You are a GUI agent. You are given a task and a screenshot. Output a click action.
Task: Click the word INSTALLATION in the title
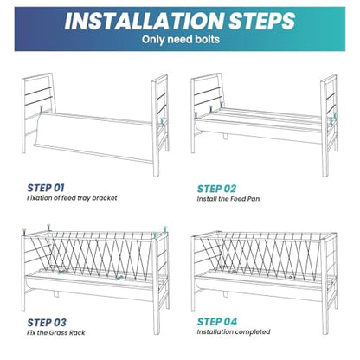(144, 21)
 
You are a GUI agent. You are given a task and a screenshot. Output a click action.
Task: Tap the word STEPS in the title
(262, 21)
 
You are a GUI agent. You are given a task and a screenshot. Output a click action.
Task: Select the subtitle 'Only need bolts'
(181, 39)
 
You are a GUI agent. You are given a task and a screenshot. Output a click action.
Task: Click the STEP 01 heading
(46, 188)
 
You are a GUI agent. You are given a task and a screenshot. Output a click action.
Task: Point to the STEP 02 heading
(216, 189)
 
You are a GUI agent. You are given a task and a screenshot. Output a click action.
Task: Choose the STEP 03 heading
(47, 323)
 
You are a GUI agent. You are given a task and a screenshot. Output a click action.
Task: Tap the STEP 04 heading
(217, 322)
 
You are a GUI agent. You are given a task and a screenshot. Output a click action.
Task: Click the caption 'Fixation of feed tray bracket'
(72, 198)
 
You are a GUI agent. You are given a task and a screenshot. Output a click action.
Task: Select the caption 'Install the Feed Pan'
(228, 199)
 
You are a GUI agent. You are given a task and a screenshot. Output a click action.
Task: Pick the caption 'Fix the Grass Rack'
(56, 332)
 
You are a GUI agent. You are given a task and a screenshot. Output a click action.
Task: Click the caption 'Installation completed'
(234, 331)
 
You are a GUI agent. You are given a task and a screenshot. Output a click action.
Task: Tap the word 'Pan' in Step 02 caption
(254, 199)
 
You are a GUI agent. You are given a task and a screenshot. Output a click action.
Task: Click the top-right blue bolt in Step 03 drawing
(165, 229)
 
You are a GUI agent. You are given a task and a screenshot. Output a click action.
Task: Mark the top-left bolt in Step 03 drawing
(24, 232)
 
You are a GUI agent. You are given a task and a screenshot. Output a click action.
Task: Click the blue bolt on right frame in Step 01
(162, 121)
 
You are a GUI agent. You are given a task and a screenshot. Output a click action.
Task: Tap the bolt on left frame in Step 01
(42, 108)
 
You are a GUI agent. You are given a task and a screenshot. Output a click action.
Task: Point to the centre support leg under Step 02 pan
(225, 136)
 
